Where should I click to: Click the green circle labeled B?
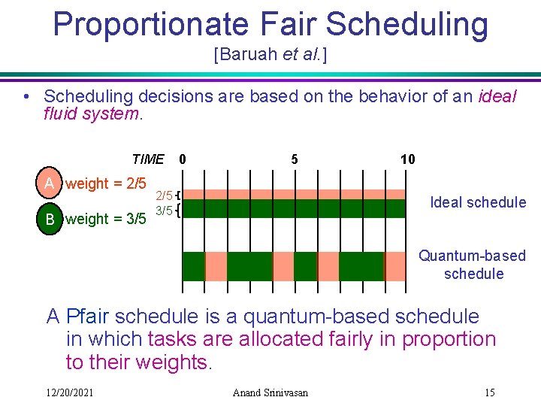(50, 220)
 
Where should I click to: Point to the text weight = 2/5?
(106, 184)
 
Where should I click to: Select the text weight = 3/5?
(106, 220)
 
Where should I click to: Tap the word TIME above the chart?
(147, 159)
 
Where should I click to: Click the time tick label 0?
(183, 159)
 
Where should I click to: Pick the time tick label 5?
(295, 159)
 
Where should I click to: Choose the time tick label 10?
(407, 159)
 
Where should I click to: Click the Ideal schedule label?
(477, 202)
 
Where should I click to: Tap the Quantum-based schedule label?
(473, 265)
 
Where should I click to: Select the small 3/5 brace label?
(165, 211)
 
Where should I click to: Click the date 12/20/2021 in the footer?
(69, 392)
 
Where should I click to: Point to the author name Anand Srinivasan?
(270, 392)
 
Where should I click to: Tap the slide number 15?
(489, 392)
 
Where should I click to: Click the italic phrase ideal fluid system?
(91, 115)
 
